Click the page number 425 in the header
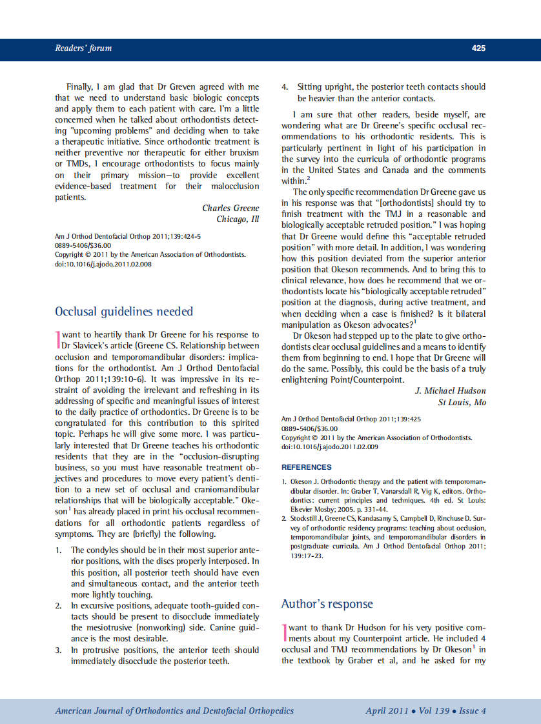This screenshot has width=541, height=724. point(478,48)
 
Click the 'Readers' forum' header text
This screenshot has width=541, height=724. point(83,48)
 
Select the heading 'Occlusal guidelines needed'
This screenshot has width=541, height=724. point(124,312)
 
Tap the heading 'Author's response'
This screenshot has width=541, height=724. point(327,604)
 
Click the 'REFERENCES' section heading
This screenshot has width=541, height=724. point(307,467)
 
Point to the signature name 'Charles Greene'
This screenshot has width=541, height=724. point(230,208)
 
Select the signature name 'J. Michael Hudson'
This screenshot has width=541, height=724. point(450,391)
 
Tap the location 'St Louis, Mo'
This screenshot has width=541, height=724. point(462,403)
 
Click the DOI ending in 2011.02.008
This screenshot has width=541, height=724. point(103,264)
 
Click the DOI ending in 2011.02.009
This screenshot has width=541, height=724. point(330,447)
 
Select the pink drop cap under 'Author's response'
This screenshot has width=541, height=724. point(284,632)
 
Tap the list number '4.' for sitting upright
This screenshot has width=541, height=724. point(285,87)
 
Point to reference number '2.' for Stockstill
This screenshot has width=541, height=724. point(284,519)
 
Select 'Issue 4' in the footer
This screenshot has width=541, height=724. point(473,711)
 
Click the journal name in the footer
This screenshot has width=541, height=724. point(174,711)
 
